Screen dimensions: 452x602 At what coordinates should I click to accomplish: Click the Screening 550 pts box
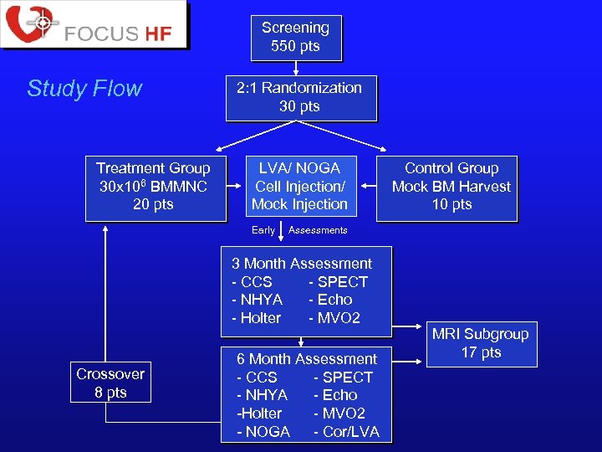[295, 37]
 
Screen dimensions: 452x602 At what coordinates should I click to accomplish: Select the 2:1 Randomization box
[299, 97]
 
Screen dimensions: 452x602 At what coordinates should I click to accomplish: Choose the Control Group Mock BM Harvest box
[451, 187]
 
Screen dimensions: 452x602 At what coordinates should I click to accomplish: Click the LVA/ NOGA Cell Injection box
[299, 187]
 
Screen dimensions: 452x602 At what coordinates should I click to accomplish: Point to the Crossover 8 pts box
[110, 383]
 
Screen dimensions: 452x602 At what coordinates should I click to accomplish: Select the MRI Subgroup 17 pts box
[480, 343]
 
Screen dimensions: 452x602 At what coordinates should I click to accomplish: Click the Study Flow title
[84, 89]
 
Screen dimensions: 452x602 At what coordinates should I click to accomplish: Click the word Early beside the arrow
[263, 230]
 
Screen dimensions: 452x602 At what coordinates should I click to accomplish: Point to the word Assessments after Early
[318, 230]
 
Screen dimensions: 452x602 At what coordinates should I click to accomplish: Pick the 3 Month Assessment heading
[302, 264]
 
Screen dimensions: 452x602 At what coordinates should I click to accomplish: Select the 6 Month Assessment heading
[307, 359]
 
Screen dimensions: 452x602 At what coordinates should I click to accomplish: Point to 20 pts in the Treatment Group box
[154, 204]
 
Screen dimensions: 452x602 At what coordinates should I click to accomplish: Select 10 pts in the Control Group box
[451, 204]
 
